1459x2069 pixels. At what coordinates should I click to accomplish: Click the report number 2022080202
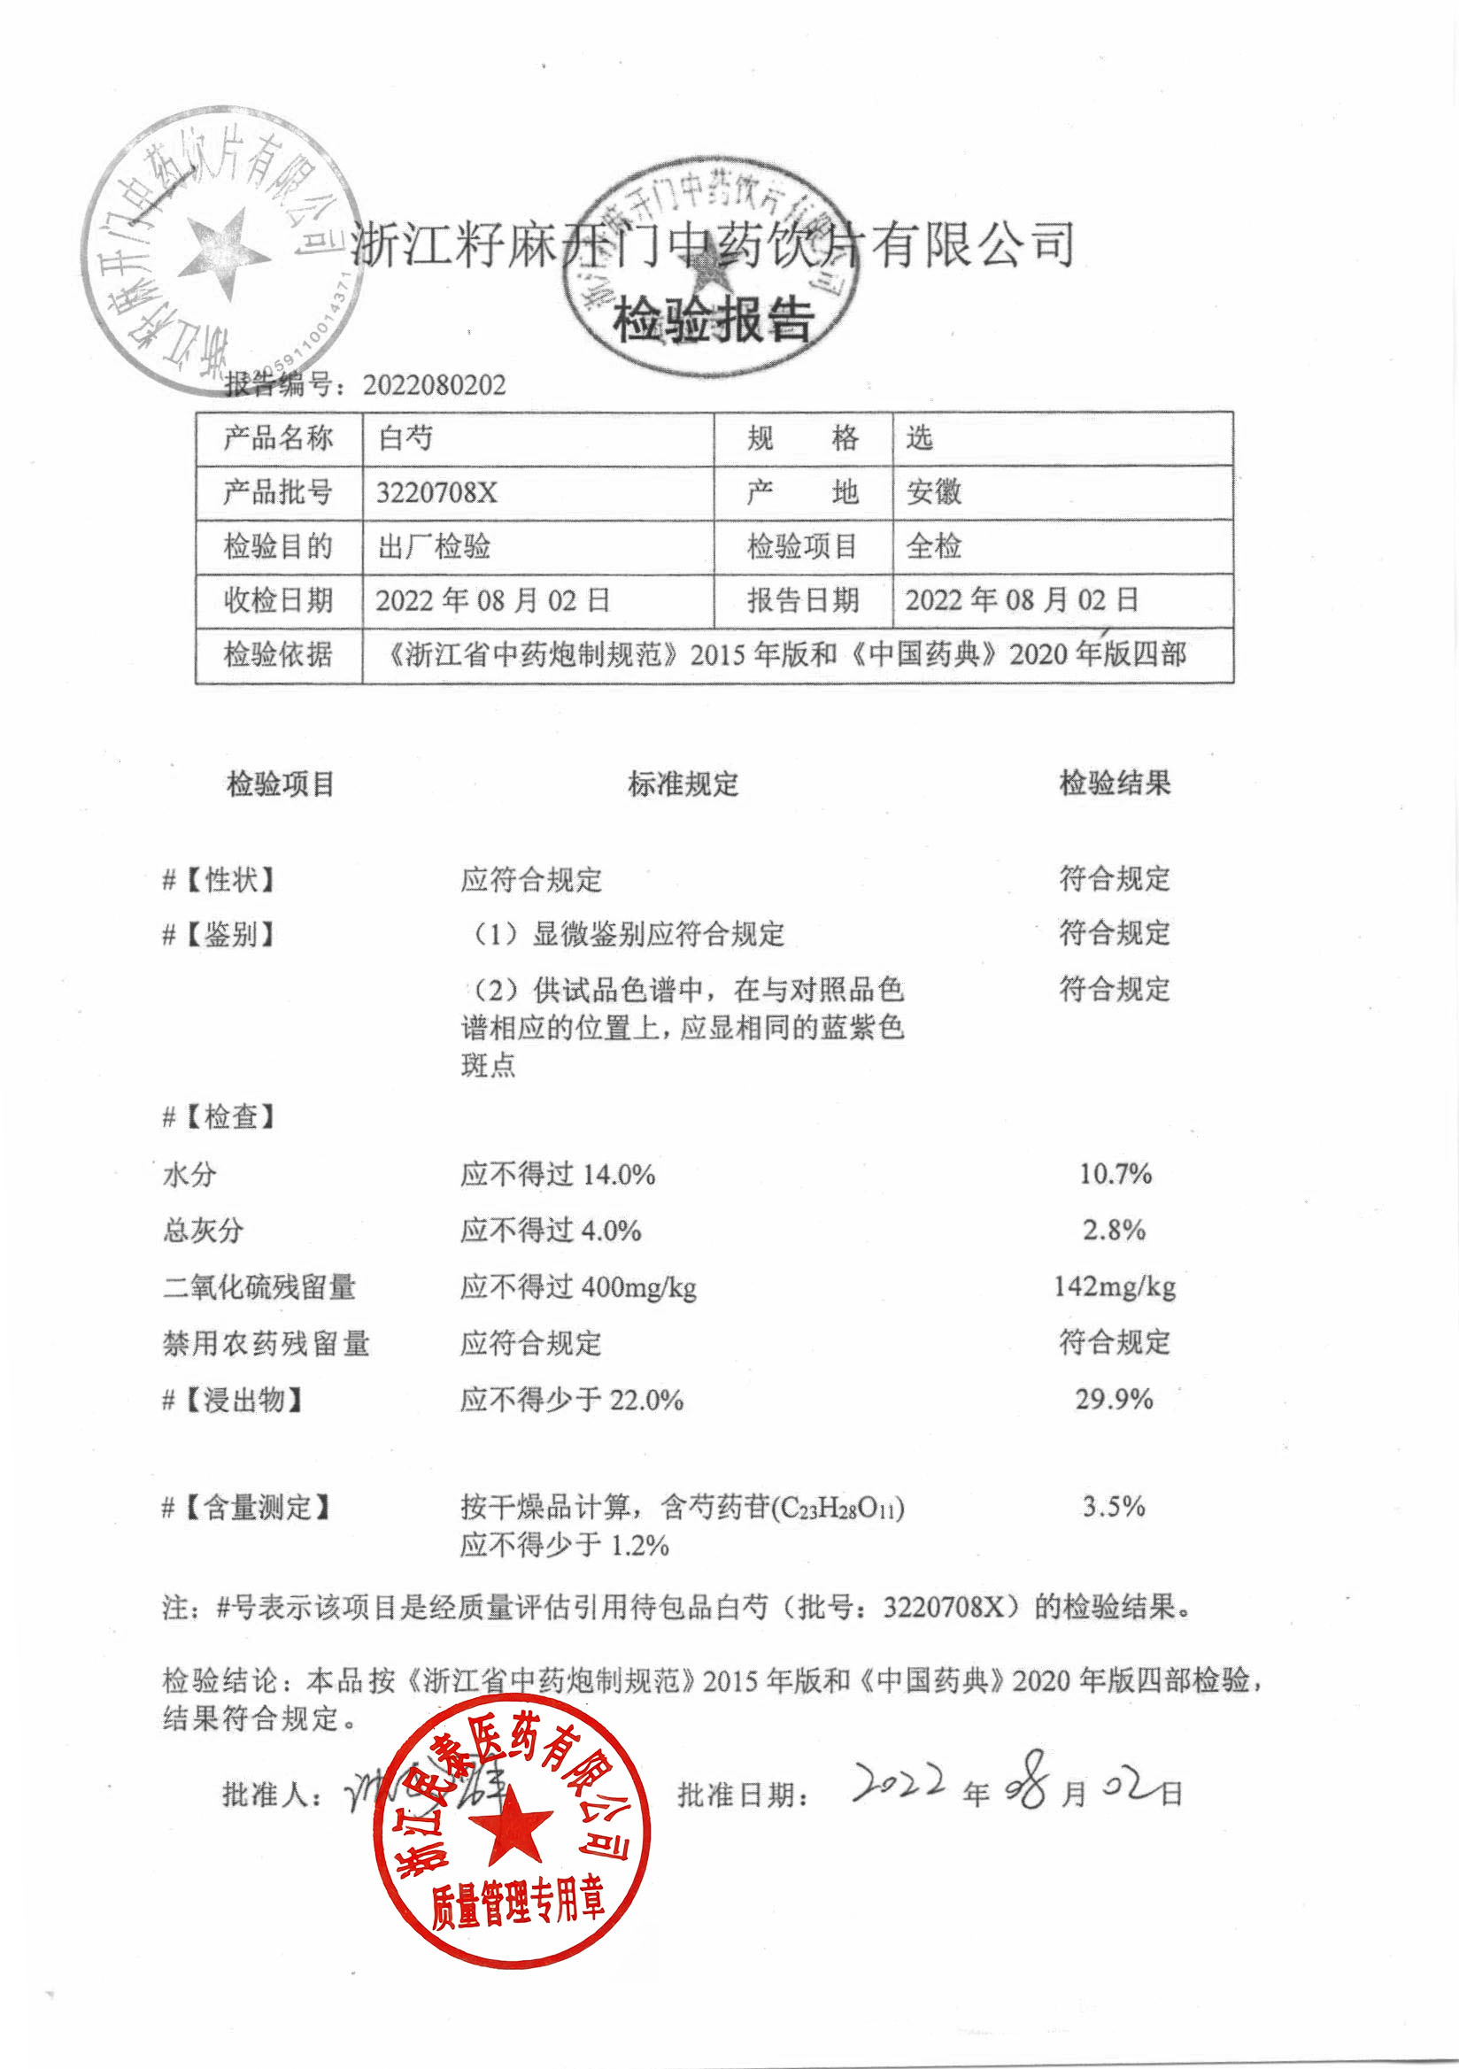(435, 386)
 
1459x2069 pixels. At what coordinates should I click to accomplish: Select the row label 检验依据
(279, 654)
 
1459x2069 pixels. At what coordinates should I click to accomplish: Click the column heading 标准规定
(683, 784)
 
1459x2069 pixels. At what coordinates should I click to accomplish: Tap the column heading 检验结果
(1115, 784)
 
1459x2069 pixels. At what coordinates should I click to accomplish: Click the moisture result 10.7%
(1115, 1173)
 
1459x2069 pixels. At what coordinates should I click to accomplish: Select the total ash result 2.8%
(1114, 1229)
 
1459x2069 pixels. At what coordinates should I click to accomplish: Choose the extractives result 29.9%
(1114, 1399)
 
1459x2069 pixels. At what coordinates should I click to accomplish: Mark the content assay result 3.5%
(1114, 1506)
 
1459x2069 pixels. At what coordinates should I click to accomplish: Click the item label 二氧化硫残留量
(259, 1287)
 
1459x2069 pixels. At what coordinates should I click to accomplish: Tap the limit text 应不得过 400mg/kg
(578, 1287)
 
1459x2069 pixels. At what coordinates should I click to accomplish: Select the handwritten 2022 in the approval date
(899, 1782)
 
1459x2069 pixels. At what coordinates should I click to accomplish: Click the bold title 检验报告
(714, 319)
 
